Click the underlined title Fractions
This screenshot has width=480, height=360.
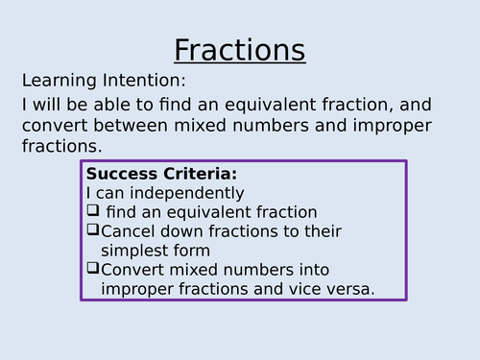pos(239,50)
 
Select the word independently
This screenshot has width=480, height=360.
pos(183,193)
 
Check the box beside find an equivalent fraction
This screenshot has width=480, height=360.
pos(92,211)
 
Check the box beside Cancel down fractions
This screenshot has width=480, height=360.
pos(92,230)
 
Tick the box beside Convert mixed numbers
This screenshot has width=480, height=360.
pos(92,270)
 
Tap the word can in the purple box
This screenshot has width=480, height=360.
pos(109,193)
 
